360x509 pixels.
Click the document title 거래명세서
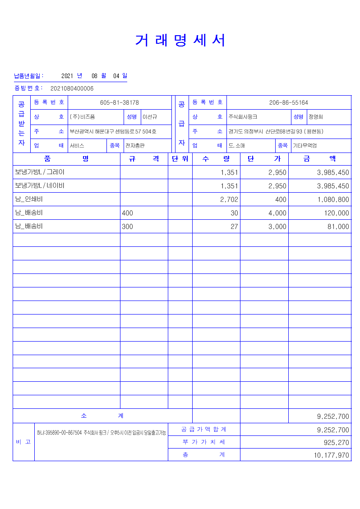click(x=180, y=41)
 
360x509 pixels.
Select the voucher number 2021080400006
click(x=72, y=88)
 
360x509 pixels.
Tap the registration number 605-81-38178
click(x=119, y=102)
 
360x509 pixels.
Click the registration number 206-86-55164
click(x=289, y=102)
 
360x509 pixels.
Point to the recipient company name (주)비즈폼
click(x=82, y=117)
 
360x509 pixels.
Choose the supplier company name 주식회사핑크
click(x=243, y=117)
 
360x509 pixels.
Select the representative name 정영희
click(x=316, y=117)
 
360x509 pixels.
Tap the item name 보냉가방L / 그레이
click(x=40, y=172)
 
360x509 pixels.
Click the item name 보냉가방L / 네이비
click(x=40, y=185)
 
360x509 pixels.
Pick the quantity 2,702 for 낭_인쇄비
click(x=229, y=199)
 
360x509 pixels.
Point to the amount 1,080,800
click(x=333, y=199)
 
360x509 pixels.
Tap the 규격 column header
click(x=144, y=159)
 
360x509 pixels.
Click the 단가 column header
click(x=264, y=159)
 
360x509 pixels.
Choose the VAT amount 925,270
click(x=336, y=443)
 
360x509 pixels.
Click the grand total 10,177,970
click(x=331, y=455)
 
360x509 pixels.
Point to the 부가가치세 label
click(x=204, y=442)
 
